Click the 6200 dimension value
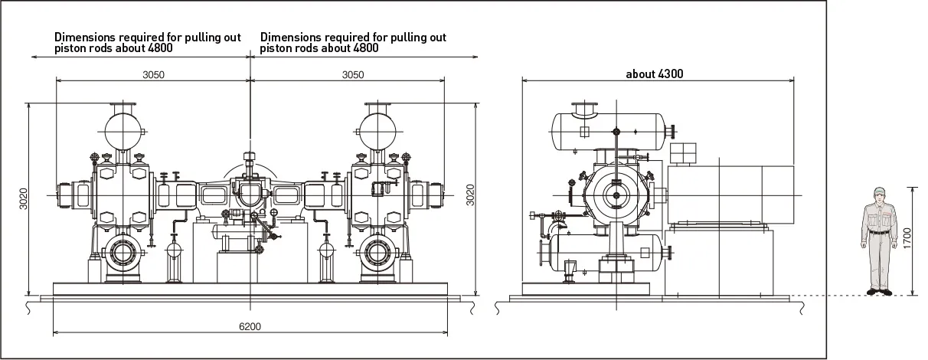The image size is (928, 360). pos(250,326)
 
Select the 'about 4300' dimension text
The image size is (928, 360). pos(654,74)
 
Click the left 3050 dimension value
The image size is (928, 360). pos(154,74)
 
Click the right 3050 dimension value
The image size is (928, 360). pos(352,74)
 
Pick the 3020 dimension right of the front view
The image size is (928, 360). pos(469,195)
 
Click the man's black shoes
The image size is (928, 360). pos(879,290)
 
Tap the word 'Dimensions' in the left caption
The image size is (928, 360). pos(84,37)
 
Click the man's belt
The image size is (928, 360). pos(879,231)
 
